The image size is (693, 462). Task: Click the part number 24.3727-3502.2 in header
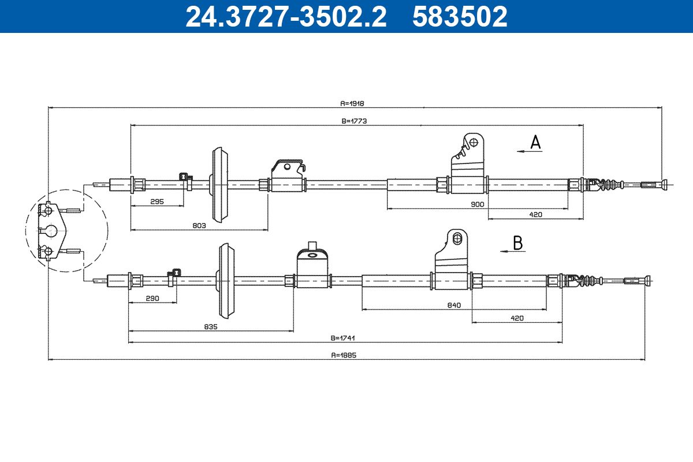(286, 16)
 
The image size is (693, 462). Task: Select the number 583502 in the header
(460, 16)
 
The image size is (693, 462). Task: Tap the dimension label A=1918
(352, 104)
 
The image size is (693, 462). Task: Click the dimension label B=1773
(355, 121)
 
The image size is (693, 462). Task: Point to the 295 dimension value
(157, 202)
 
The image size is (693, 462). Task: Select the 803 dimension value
(199, 226)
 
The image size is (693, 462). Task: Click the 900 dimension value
(477, 204)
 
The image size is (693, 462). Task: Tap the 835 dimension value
(210, 327)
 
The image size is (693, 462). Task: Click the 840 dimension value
(454, 305)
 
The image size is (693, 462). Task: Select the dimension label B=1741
(342, 338)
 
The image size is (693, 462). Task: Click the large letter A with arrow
(535, 142)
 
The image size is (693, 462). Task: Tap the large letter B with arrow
(517, 243)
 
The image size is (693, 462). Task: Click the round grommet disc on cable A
(219, 185)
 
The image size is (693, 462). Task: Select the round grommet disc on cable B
(226, 281)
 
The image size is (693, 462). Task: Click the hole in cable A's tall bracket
(474, 141)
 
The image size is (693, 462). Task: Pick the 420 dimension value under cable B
(517, 318)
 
